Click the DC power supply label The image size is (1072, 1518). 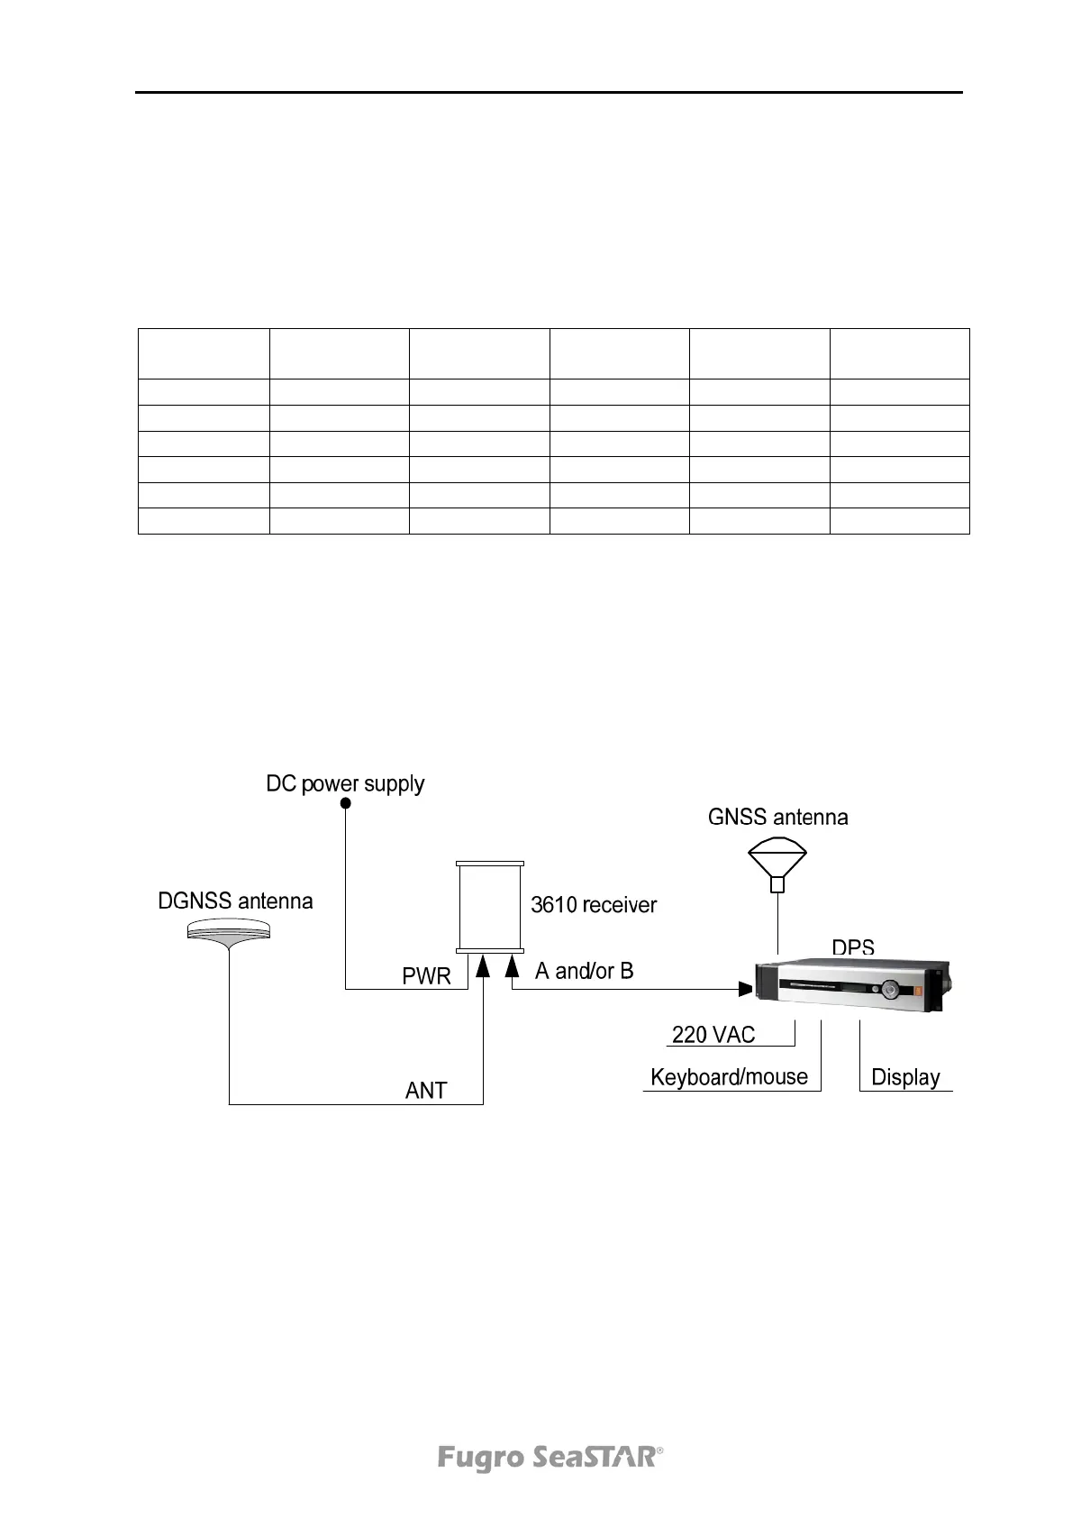point(345,784)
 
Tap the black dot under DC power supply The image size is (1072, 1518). point(345,804)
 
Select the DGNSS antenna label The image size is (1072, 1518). point(235,901)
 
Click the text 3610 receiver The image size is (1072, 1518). point(594,905)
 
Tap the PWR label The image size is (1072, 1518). point(426,976)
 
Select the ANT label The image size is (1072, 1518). point(426,1091)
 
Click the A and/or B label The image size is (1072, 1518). point(584,971)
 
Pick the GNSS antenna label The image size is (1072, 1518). point(777,818)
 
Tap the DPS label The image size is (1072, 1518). point(852,948)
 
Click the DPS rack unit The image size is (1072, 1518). point(853,986)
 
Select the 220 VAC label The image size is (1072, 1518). point(713,1035)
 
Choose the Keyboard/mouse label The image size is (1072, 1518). point(729,1077)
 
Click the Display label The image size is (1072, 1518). point(905,1078)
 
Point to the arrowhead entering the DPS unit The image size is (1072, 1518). point(745,990)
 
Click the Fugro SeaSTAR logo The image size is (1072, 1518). point(550,1458)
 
